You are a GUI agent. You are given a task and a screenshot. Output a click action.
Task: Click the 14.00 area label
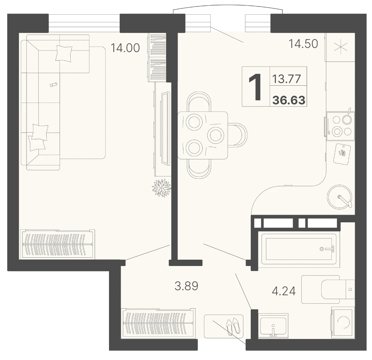[x=125, y=48]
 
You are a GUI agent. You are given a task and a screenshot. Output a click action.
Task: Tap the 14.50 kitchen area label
[x=303, y=44]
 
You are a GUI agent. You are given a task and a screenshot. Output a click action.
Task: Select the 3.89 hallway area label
[x=186, y=286]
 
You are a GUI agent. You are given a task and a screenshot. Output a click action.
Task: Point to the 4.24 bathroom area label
[x=284, y=291]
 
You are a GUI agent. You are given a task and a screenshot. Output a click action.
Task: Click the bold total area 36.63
[x=289, y=100]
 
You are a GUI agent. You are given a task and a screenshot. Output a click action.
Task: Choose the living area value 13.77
[x=287, y=79]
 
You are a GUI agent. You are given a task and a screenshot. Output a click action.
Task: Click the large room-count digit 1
[x=255, y=87]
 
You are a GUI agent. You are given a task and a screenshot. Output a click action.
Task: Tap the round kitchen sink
[x=339, y=197]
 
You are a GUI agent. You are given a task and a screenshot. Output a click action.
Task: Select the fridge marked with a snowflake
[x=340, y=47]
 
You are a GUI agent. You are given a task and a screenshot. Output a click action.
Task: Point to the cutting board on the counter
[x=342, y=154]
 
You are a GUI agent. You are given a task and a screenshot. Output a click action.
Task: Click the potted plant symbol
[x=162, y=188]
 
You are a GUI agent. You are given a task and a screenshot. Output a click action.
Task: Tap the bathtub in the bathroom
[x=299, y=249]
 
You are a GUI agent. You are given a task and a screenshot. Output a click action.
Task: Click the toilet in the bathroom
[x=328, y=290]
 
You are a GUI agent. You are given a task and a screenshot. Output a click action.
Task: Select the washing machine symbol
[x=343, y=322]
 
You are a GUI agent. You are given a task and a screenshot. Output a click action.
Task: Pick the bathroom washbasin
[x=273, y=326]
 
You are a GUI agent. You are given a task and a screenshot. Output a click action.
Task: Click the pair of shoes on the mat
[x=233, y=327]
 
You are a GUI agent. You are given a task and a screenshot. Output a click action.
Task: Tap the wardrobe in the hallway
[x=158, y=323]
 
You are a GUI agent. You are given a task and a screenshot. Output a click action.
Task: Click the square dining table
[x=203, y=135]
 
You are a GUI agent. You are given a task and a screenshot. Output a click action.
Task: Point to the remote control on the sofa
[x=54, y=85]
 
